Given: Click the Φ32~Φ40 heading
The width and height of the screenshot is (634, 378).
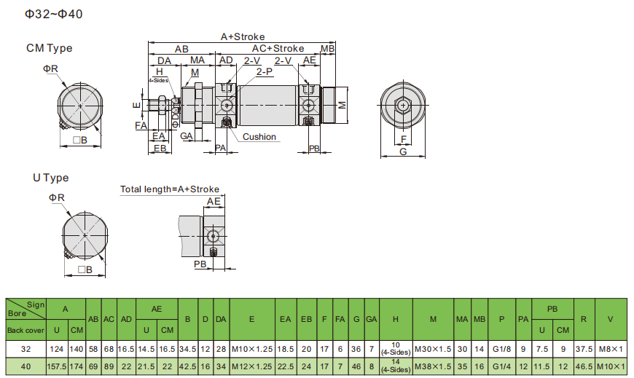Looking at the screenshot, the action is (x=54, y=14).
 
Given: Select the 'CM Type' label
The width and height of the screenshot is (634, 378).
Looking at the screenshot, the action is (x=50, y=48).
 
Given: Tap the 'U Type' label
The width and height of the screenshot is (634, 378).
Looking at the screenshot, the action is (x=51, y=178).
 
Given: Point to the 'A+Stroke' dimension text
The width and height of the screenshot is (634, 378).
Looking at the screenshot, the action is (x=243, y=37).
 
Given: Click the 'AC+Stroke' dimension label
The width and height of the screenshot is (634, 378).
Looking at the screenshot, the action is (x=278, y=49).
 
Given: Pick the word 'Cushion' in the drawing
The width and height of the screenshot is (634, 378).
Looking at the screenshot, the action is (x=259, y=137).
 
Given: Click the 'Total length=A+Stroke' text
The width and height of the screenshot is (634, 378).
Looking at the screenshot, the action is (x=170, y=189).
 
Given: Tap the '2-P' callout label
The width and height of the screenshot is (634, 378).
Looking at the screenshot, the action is (x=265, y=71).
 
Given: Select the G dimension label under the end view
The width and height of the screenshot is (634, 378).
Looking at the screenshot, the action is (x=403, y=151).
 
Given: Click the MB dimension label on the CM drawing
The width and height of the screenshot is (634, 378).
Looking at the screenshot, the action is (x=327, y=49).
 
